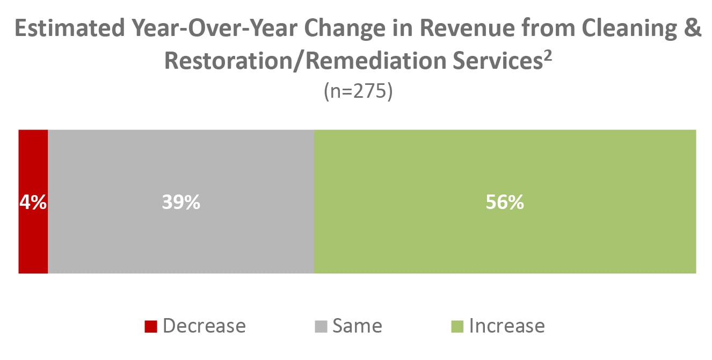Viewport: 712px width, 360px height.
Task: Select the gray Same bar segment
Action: click(181, 242)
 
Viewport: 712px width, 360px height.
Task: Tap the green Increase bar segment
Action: click(505, 242)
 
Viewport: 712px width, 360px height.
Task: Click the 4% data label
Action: click(33, 203)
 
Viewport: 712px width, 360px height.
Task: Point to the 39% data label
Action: click(181, 203)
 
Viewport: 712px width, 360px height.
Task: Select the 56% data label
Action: click(505, 203)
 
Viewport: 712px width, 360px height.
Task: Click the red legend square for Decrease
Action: click(151, 326)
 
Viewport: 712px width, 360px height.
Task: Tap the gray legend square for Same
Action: click(321, 326)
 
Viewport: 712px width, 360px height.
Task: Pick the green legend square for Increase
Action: click(457, 326)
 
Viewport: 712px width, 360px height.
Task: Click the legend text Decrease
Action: click(204, 326)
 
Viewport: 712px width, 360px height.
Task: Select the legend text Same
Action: click(357, 326)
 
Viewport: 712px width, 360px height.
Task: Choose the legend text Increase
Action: click(507, 326)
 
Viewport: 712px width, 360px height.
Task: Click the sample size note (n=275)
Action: click(358, 91)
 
